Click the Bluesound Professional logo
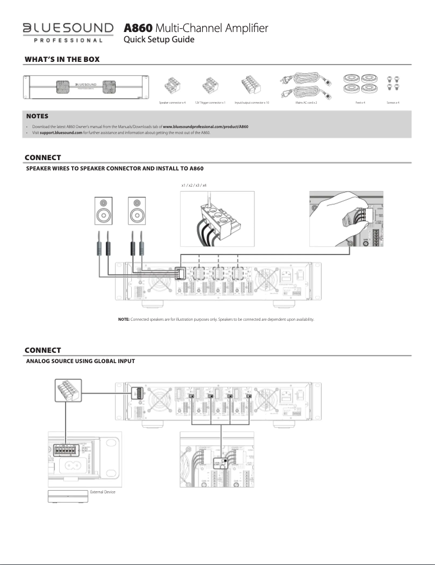pos(68,32)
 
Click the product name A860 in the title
pos(138,28)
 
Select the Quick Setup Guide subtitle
pos(159,40)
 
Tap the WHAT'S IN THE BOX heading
pos(62,59)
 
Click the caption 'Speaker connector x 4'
pos(172,102)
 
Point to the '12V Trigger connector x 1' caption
pos(210,102)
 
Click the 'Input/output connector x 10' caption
pos(252,102)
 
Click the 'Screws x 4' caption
pos(394,102)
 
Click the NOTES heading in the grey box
pos(37,116)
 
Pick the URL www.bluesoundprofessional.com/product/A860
pos(206,126)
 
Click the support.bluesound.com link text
pos(61,132)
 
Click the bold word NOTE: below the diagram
pos(124,319)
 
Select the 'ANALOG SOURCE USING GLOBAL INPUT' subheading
pos(80,361)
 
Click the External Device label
pos(103,492)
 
